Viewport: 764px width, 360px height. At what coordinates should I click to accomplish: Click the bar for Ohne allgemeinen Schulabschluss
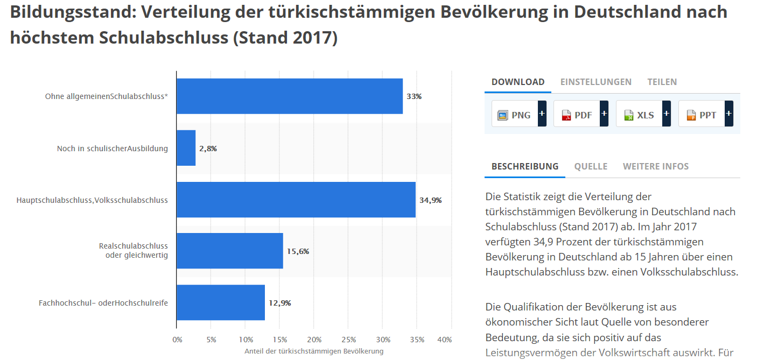(290, 96)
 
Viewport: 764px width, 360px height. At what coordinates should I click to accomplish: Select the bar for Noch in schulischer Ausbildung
(186, 148)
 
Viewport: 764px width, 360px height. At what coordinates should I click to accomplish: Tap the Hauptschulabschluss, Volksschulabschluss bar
(296, 200)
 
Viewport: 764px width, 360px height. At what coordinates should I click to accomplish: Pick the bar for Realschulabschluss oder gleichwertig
(230, 251)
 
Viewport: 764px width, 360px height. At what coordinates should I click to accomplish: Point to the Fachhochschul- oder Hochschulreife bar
(221, 302)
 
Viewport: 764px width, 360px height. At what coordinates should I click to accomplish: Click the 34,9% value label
(430, 200)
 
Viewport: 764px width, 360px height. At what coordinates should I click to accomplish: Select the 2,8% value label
(208, 149)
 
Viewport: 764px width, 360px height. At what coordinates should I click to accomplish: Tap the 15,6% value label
(298, 251)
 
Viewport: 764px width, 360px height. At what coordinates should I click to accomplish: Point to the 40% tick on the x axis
(445, 340)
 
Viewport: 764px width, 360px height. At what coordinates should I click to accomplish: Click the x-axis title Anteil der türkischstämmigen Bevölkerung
(314, 351)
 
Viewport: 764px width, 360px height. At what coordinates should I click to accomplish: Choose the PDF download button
(577, 115)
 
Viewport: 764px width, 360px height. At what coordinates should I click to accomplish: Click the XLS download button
(640, 115)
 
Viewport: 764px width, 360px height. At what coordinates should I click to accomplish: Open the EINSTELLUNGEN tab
(595, 82)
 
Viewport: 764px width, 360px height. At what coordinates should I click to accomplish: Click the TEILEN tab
(662, 82)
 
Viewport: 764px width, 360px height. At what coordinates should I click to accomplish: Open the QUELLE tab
(591, 166)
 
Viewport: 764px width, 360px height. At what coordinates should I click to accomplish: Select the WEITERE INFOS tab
(655, 166)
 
